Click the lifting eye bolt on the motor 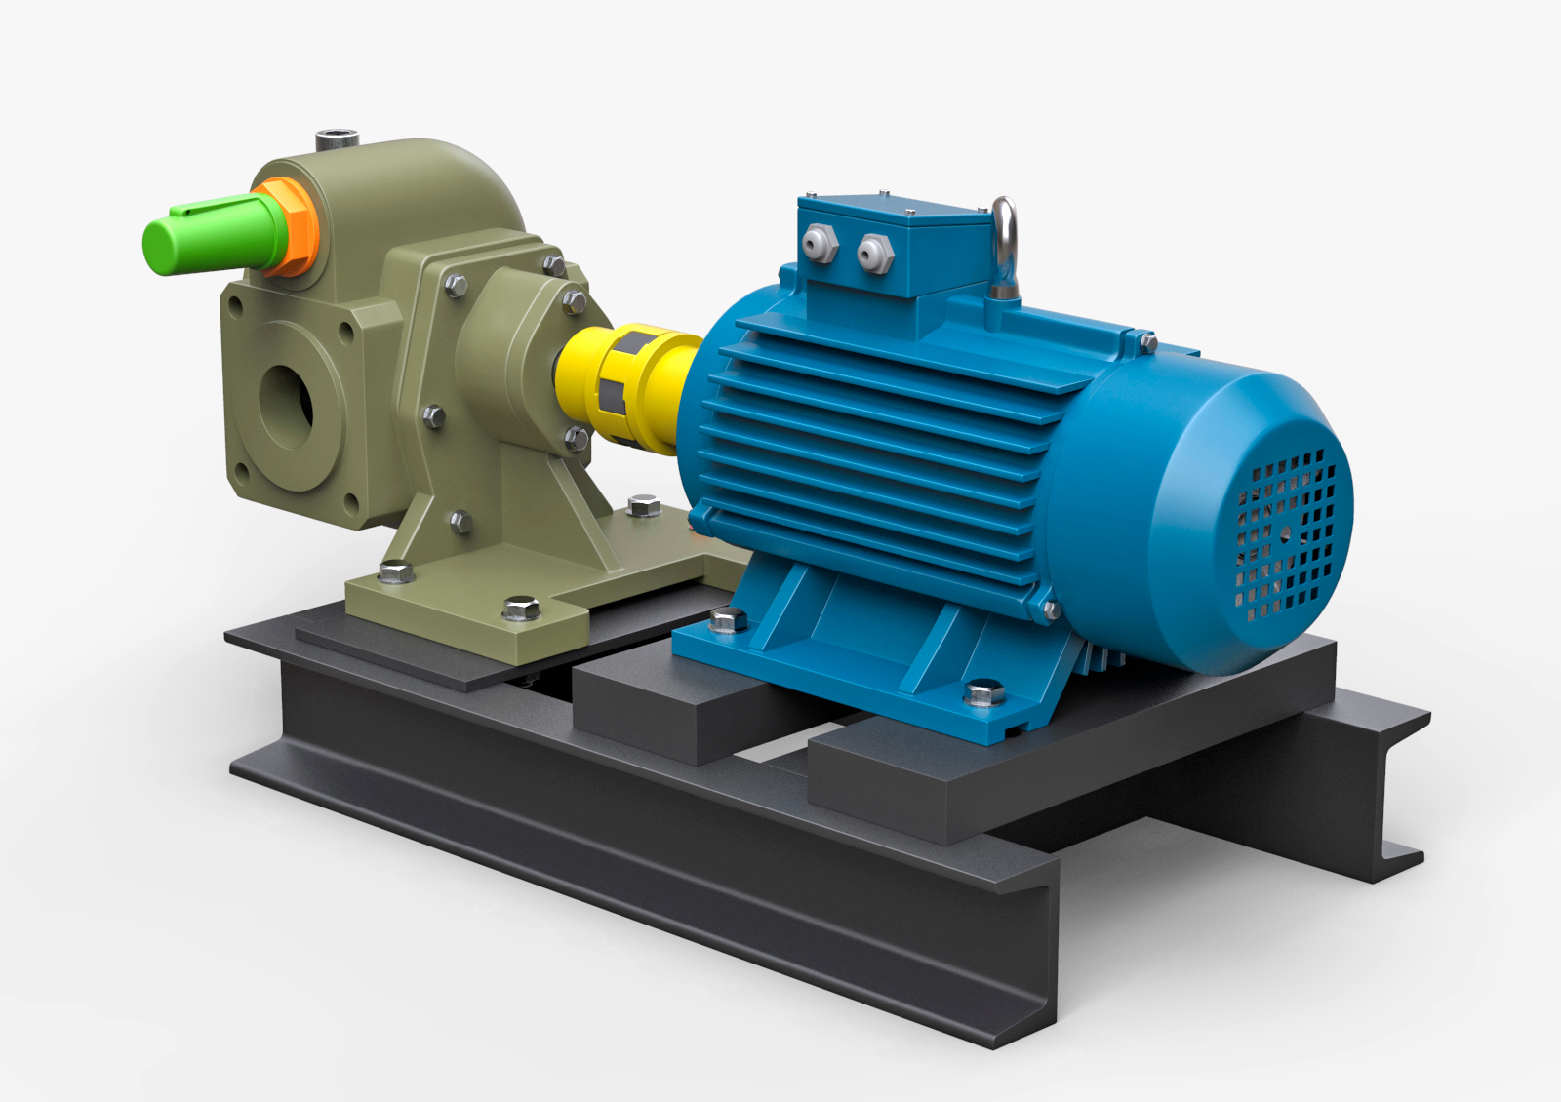pyautogui.click(x=1004, y=248)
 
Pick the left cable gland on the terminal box pyautogui.click(x=819, y=243)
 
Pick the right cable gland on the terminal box pyautogui.click(x=875, y=253)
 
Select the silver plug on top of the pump pyautogui.click(x=337, y=138)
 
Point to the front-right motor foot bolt pyautogui.click(x=983, y=693)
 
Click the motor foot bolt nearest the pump pyautogui.click(x=728, y=618)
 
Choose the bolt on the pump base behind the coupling pyautogui.click(x=644, y=505)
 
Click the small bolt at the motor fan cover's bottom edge pyautogui.click(x=1051, y=610)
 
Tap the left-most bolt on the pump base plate pyautogui.click(x=396, y=571)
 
